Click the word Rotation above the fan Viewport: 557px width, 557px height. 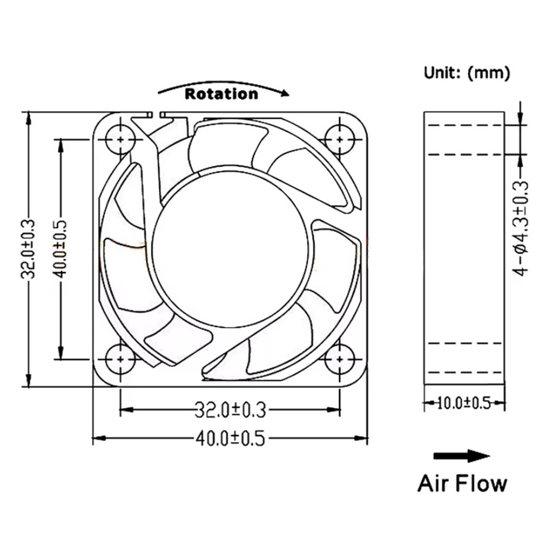pos(221,94)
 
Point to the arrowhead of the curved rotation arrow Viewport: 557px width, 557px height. pos(285,94)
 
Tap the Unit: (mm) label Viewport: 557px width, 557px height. pos(467,73)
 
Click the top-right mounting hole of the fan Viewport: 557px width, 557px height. pos(339,140)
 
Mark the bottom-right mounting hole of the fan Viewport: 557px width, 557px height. pos(339,359)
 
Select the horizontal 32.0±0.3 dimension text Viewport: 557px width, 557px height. pos(230,409)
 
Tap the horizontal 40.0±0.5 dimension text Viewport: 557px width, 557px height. pos(230,438)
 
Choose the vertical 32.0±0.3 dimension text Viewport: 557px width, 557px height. pos(29,248)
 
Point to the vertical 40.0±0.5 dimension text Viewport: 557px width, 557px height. pos(61,248)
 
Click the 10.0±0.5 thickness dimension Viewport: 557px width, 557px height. pos(464,404)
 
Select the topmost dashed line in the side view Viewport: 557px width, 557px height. pos(464,126)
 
